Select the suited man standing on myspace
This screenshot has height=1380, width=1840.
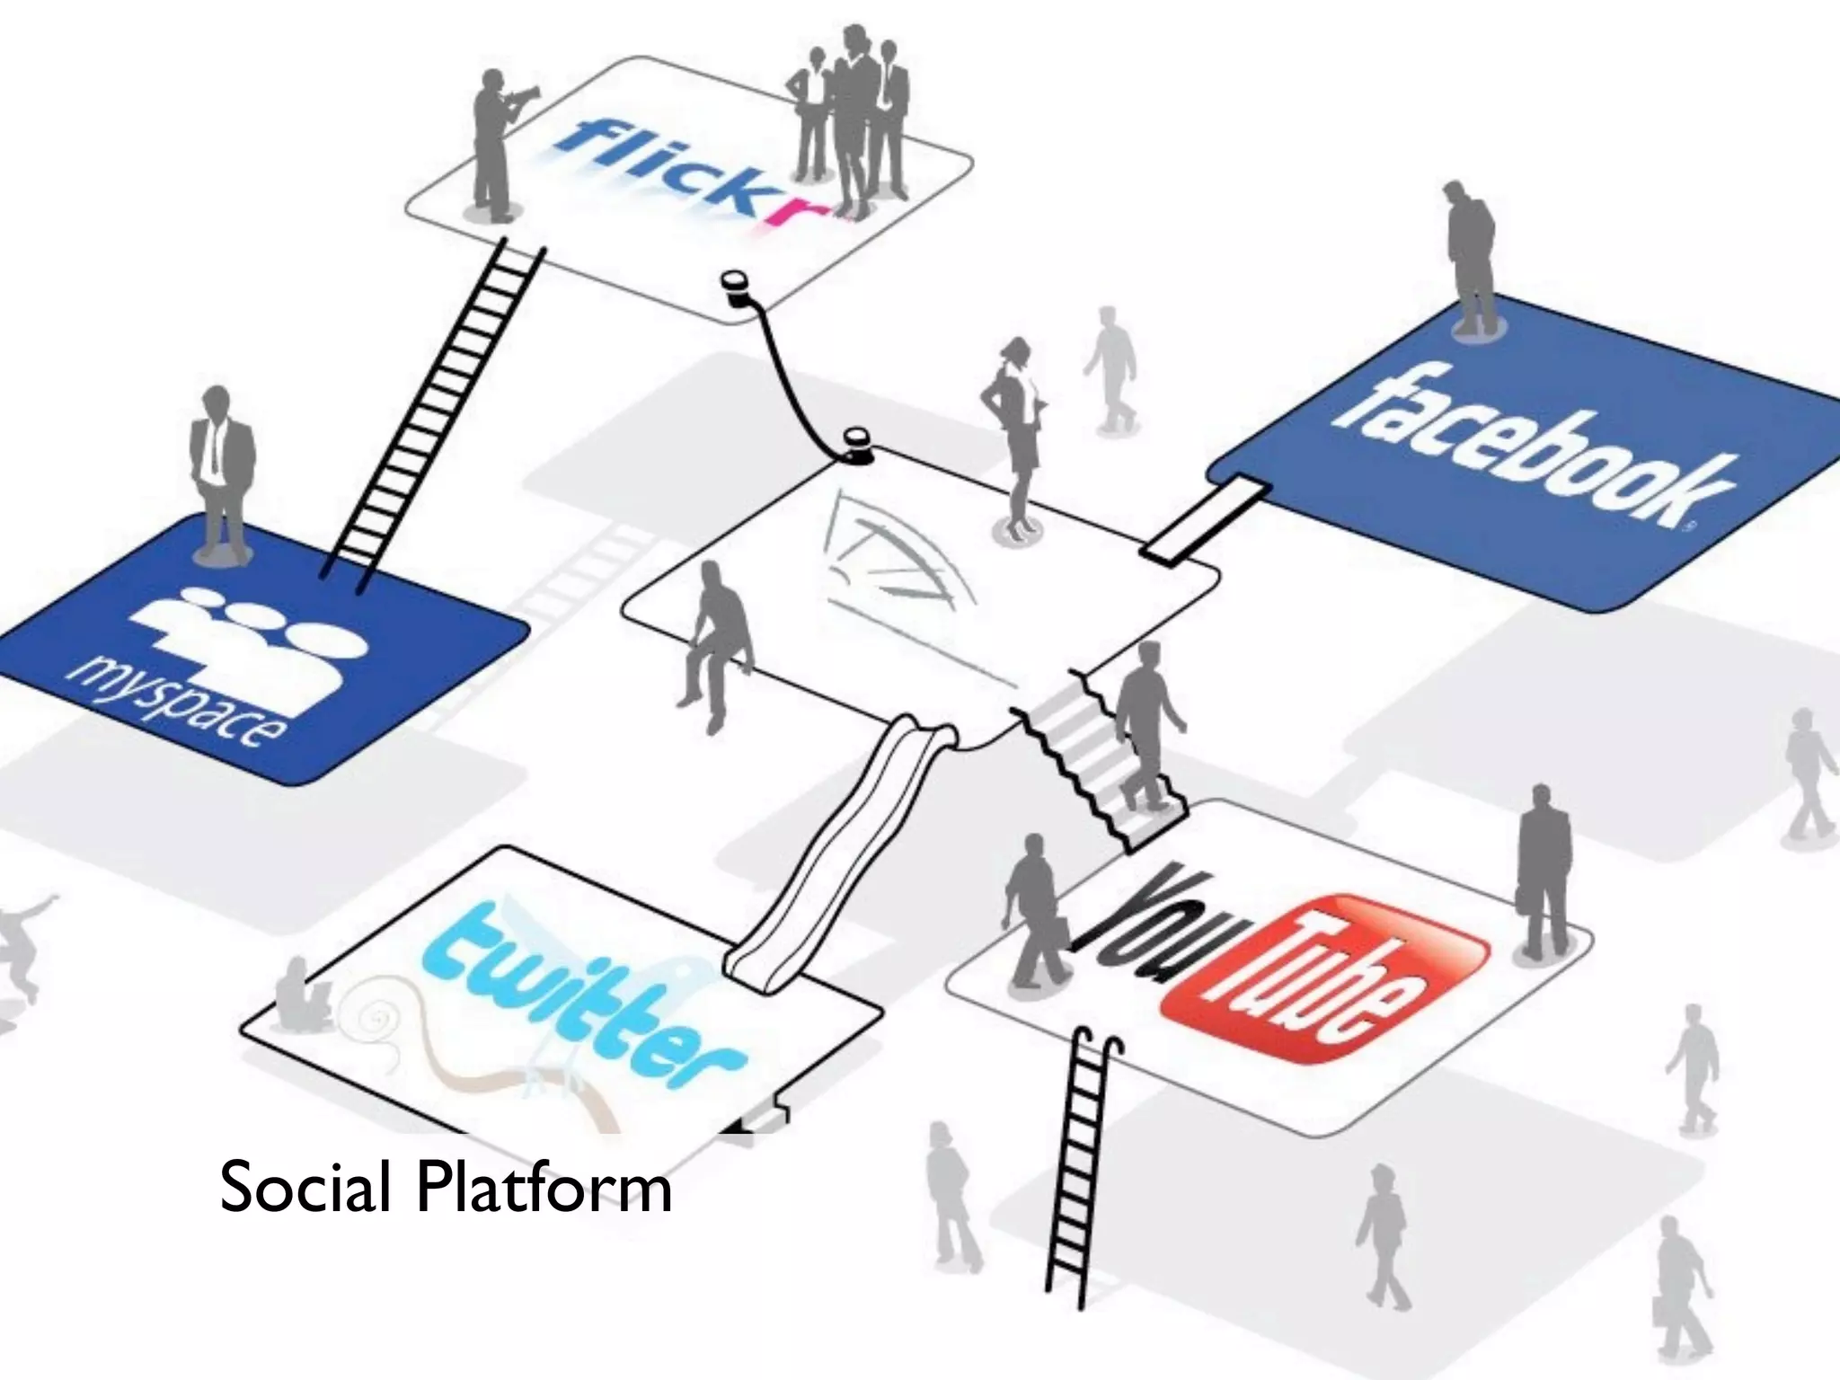218,472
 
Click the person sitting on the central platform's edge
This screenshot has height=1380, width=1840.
715,638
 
